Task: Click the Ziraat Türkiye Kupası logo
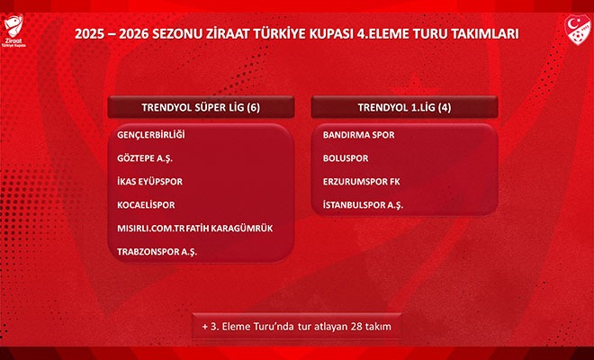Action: (x=17, y=32)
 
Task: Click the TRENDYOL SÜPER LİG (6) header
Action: (x=201, y=107)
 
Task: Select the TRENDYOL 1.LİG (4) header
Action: (x=405, y=107)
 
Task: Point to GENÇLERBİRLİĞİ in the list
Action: (x=150, y=135)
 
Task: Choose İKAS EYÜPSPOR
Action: (x=149, y=182)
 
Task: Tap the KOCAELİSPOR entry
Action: (x=146, y=205)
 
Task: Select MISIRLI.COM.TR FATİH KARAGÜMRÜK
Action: (x=194, y=229)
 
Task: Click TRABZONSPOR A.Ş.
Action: (x=157, y=252)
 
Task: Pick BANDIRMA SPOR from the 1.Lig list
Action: (x=357, y=135)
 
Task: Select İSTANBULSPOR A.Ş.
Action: (x=363, y=205)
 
